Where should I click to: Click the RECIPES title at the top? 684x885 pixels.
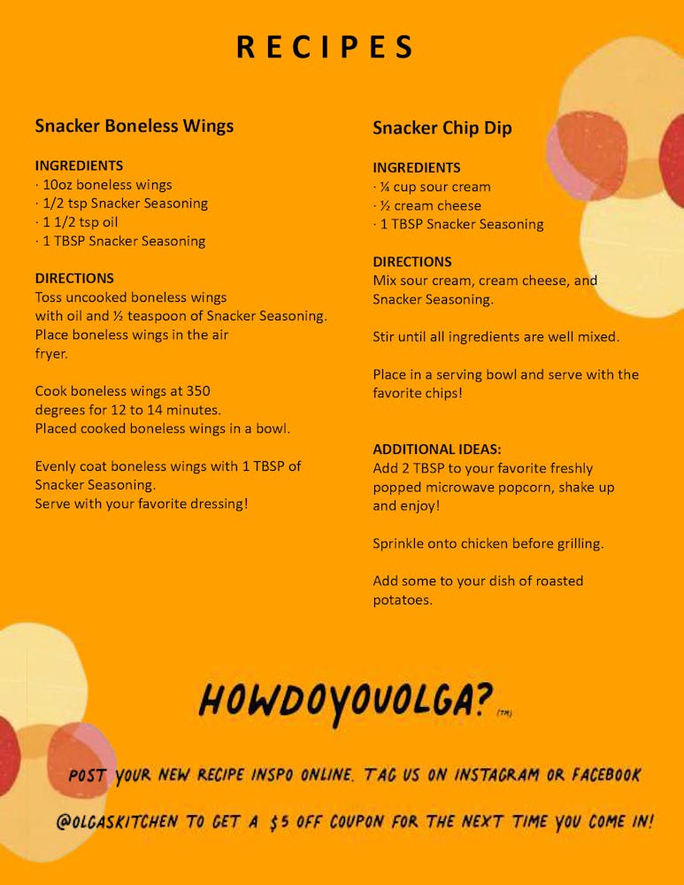click(x=326, y=47)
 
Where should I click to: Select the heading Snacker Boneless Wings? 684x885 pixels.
click(x=134, y=126)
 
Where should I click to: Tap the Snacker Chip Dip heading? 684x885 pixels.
click(x=442, y=128)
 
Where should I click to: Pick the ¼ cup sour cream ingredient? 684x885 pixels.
click(x=432, y=187)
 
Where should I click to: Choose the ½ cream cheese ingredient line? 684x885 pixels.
click(x=427, y=205)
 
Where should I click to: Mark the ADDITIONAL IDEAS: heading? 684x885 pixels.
click(x=437, y=450)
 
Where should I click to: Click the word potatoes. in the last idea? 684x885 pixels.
click(x=402, y=600)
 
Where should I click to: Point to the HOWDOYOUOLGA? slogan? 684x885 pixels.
click(x=345, y=700)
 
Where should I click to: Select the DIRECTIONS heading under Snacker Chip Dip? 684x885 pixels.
click(x=412, y=262)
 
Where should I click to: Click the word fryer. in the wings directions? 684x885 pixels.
click(x=51, y=353)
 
